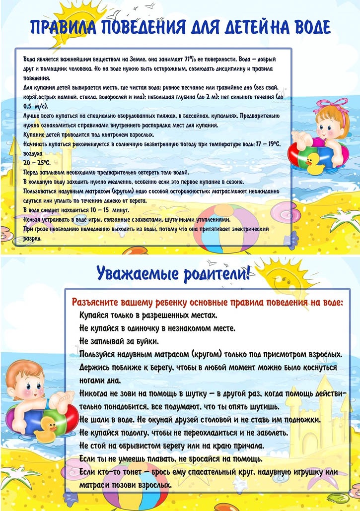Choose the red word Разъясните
(96, 302)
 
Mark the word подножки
(296, 420)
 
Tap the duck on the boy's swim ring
(48, 425)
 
